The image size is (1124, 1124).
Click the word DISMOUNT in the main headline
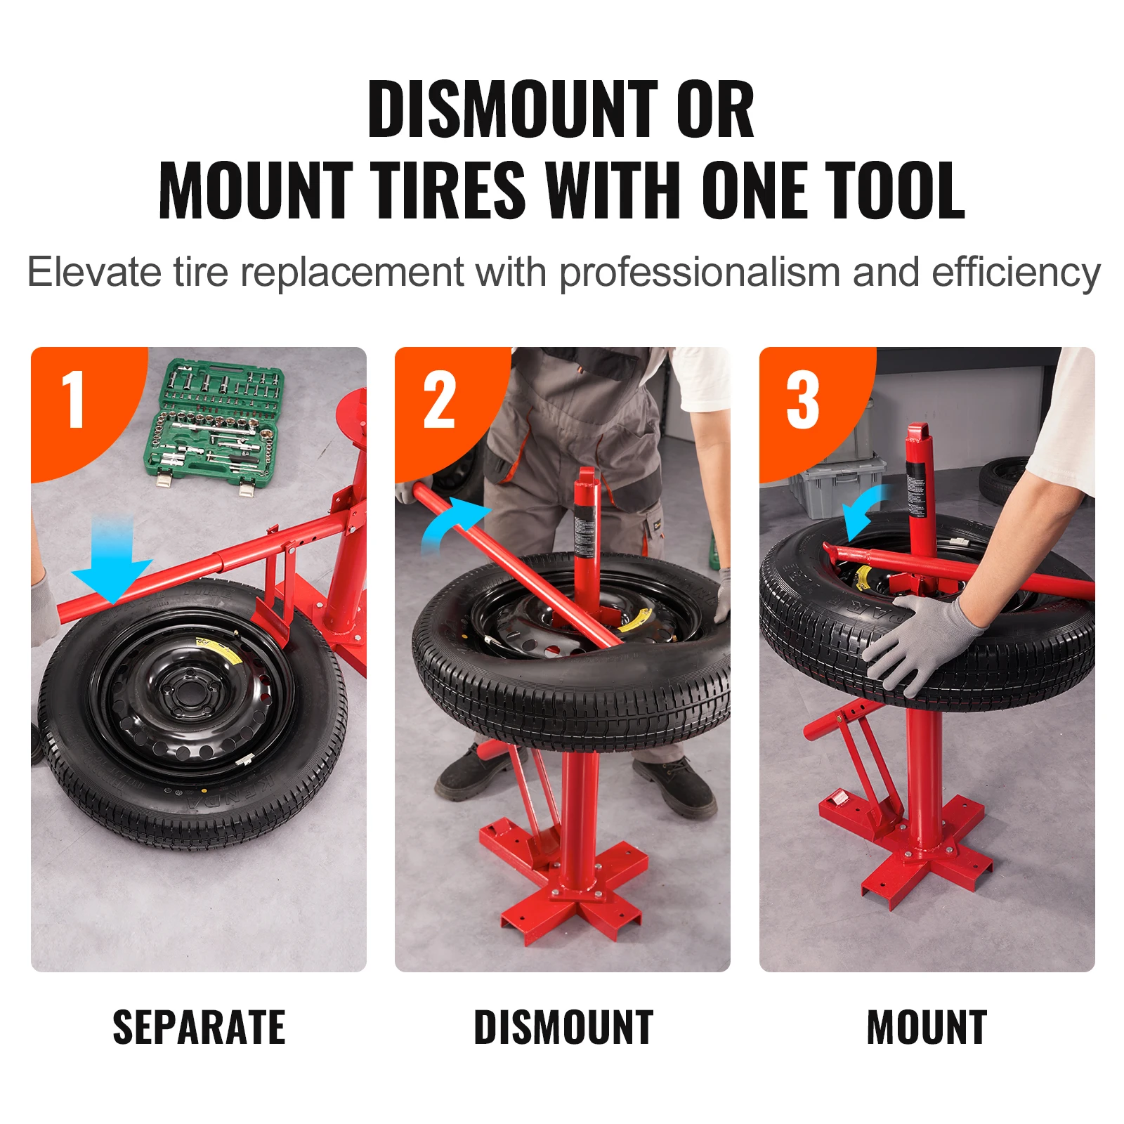point(512,110)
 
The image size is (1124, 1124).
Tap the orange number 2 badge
point(440,400)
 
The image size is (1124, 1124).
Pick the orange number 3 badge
point(803,400)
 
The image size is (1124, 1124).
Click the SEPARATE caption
point(199,1028)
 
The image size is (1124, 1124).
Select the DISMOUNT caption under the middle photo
point(563,1028)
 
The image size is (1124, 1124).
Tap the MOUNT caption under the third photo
point(927,1028)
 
